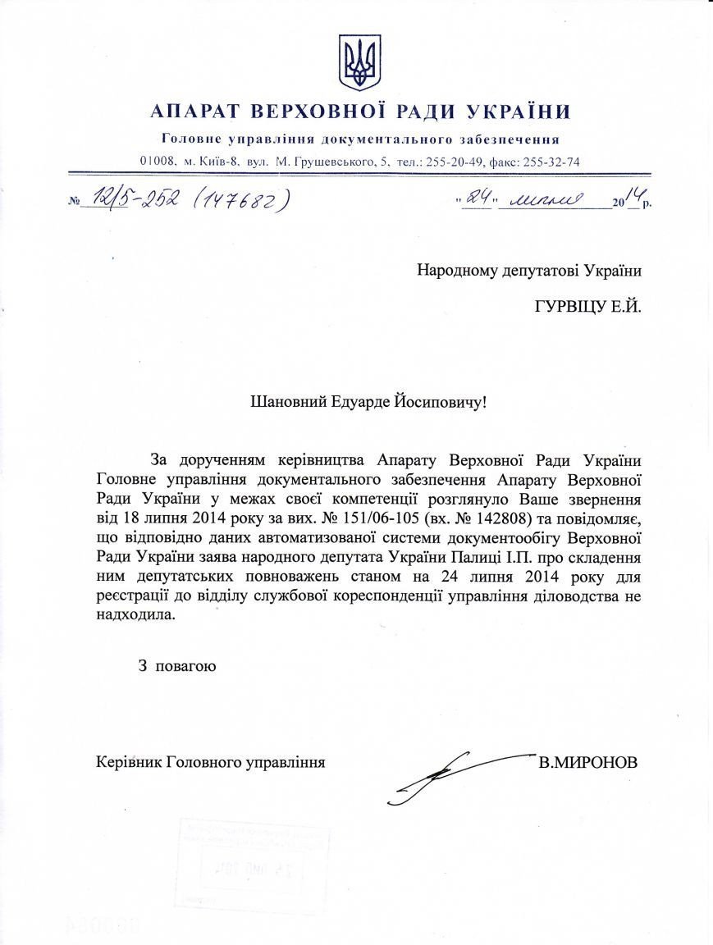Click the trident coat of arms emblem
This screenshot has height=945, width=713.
(359, 62)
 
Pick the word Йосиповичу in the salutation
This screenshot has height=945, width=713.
(445, 402)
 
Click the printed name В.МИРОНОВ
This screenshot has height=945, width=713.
(587, 762)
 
